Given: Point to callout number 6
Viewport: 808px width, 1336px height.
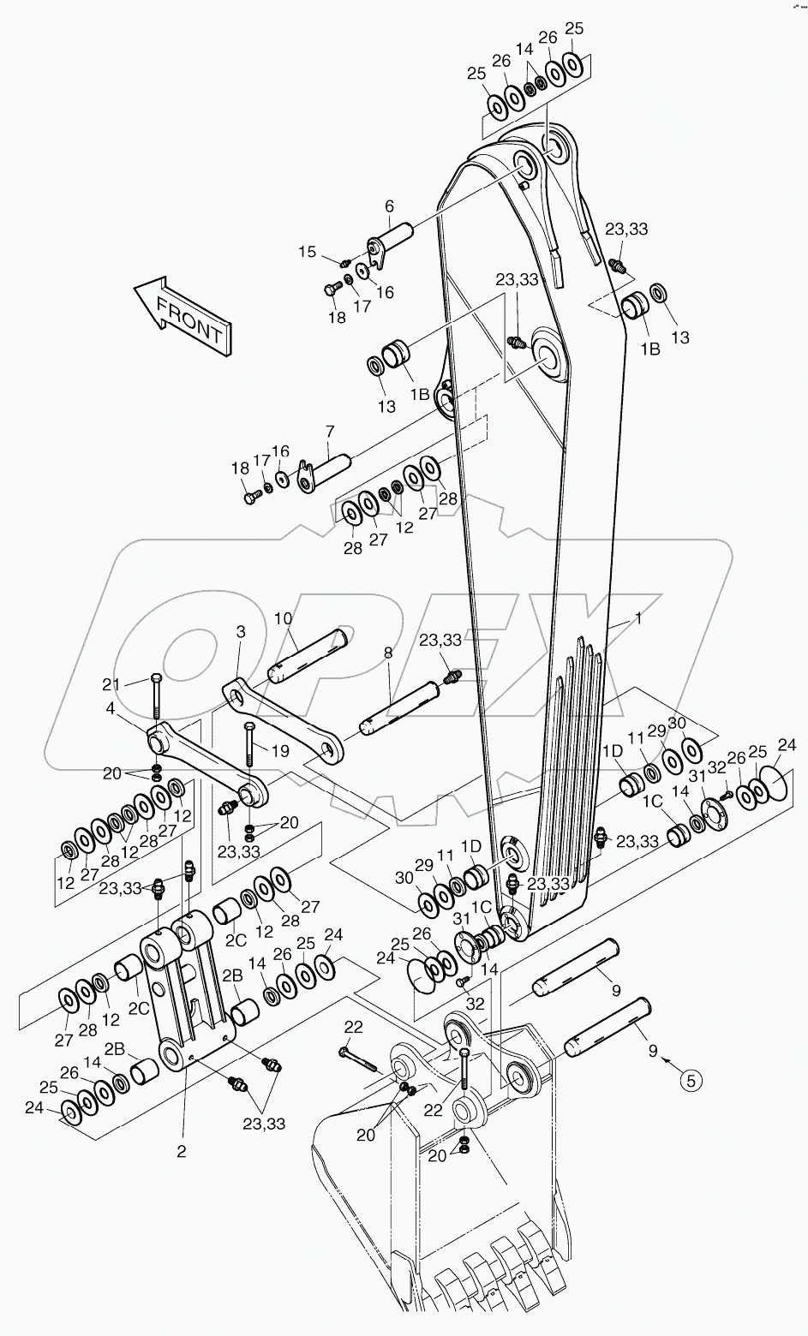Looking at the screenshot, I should coord(389,206).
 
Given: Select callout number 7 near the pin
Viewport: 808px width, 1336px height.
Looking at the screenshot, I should coord(329,431).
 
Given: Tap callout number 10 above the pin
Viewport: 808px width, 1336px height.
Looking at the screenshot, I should coord(284,618).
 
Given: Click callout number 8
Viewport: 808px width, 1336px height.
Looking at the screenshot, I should coord(388,653).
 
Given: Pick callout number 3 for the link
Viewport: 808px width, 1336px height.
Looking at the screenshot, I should coord(240,632).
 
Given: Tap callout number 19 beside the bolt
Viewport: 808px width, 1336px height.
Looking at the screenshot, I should coord(280,751).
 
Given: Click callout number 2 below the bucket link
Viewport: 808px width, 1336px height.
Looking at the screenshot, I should coord(181,1151).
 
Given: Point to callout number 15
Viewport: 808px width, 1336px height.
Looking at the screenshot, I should coord(307,251).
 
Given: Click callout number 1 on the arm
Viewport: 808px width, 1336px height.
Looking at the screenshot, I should coord(637,618).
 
